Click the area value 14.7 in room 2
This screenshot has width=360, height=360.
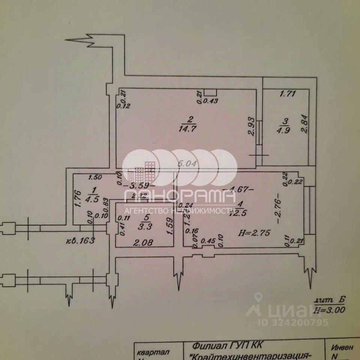click(190, 128)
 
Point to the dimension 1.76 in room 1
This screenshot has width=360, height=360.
click(78, 199)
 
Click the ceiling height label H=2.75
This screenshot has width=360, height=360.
click(255, 232)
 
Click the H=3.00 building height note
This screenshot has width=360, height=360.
click(330, 310)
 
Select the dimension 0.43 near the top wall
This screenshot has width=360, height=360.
click(211, 100)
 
